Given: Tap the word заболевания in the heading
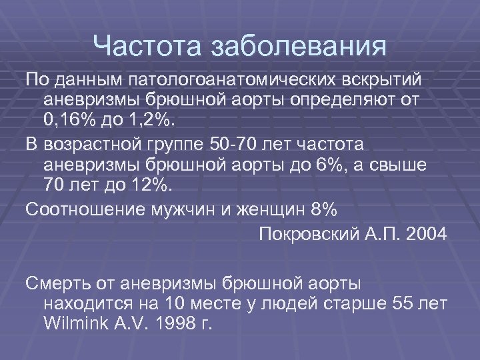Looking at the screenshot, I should coord(297,47).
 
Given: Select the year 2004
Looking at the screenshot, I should coord(421,234).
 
